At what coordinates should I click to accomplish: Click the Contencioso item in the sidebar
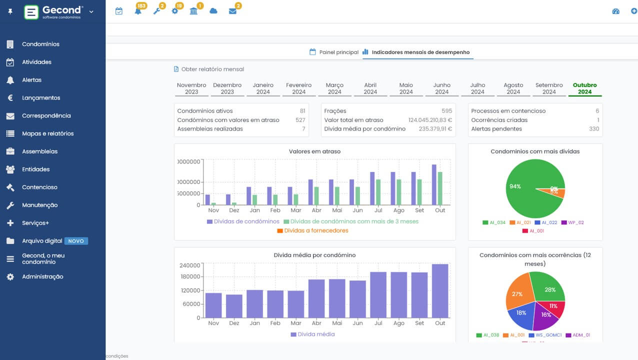click(x=39, y=187)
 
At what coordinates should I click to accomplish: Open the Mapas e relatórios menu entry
click(x=47, y=133)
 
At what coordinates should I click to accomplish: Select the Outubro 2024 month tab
click(x=584, y=88)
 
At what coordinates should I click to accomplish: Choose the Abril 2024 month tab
click(x=370, y=88)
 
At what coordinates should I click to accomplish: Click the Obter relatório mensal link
click(x=212, y=69)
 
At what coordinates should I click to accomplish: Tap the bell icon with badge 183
click(x=138, y=11)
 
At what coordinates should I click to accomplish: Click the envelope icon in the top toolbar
click(x=232, y=11)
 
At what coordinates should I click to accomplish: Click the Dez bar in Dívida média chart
click(x=234, y=306)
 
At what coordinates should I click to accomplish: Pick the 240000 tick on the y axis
click(x=190, y=265)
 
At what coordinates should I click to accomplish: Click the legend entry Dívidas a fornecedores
click(x=316, y=230)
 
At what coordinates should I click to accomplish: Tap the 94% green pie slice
click(x=525, y=190)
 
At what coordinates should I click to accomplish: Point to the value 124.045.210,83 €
click(x=430, y=120)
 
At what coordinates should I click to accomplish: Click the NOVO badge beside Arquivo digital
click(x=76, y=241)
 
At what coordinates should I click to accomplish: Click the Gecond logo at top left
click(x=52, y=12)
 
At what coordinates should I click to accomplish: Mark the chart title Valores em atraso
click(x=314, y=151)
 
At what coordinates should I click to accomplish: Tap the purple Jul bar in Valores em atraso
click(x=372, y=188)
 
